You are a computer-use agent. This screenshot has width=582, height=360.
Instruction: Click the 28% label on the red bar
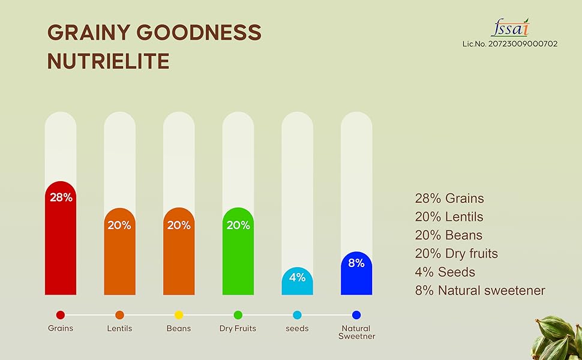pyautogui.click(x=61, y=197)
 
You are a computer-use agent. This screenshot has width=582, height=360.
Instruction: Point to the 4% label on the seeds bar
pyautogui.click(x=297, y=277)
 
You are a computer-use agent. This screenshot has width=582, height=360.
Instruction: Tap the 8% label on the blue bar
pyautogui.click(x=356, y=263)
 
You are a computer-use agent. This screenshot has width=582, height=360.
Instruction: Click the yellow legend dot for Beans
pyautogui.click(x=179, y=315)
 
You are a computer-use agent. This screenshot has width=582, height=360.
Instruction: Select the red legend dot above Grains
pyautogui.click(x=61, y=315)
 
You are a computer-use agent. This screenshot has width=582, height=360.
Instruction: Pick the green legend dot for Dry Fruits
pyautogui.click(x=238, y=315)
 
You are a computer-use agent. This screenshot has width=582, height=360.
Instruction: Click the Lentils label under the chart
pyautogui.click(x=119, y=329)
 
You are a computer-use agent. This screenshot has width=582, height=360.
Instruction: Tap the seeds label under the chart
pyautogui.click(x=297, y=329)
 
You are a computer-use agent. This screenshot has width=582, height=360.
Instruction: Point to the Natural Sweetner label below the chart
pyautogui.click(x=356, y=332)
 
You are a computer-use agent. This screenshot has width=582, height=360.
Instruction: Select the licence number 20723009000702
pyautogui.click(x=510, y=44)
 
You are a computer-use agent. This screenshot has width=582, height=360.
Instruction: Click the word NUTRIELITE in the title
pyautogui.click(x=108, y=61)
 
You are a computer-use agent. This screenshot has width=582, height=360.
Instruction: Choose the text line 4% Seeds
pyautogui.click(x=445, y=272)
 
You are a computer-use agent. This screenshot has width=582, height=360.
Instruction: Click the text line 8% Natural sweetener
pyautogui.click(x=479, y=291)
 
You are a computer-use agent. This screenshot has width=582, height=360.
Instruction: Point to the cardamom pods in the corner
pyautogui.click(x=558, y=339)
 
